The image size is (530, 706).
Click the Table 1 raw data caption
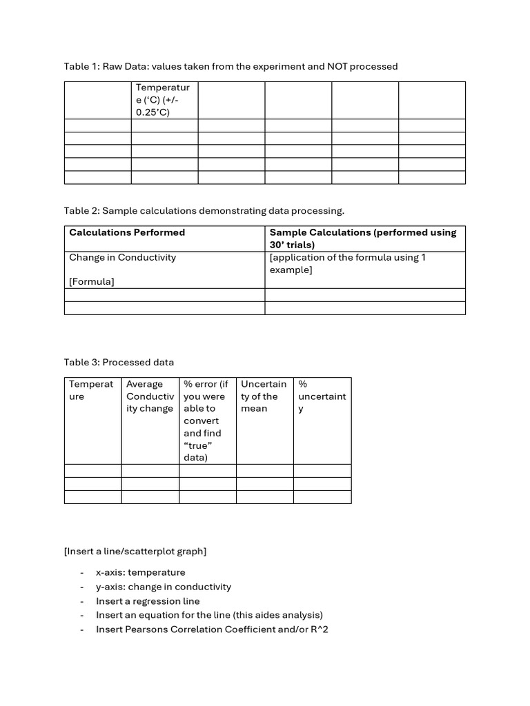tap(230, 66)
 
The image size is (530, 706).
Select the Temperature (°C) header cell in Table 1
tap(164, 100)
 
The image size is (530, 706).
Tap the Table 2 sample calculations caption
tap(204, 210)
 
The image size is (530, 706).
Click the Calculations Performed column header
tap(127, 232)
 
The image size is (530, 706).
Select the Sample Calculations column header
tap(363, 239)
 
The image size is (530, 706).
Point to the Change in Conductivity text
tap(122, 257)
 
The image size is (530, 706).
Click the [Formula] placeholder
tap(92, 281)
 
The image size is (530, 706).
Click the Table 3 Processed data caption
tap(119, 362)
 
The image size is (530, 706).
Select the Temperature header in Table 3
tap(91, 390)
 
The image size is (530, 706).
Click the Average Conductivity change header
tap(150, 396)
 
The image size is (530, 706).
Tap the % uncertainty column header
tap(322, 396)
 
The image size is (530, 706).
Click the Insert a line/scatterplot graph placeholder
tap(135, 551)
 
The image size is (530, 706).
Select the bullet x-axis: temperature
tap(140, 572)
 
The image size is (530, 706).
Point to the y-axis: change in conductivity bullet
tap(163, 587)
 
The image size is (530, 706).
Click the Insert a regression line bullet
tap(147, 601)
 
